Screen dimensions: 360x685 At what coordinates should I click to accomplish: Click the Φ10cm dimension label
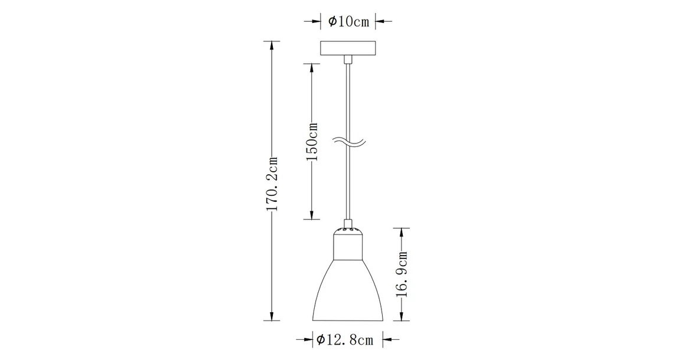click(x=348, y=22)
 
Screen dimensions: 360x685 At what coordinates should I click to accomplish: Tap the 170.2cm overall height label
click(x=272, y=184)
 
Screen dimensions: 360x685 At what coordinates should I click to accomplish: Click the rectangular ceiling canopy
click(x=348, y=48)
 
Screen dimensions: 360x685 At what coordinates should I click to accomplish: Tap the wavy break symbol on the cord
click(x=348, y=142)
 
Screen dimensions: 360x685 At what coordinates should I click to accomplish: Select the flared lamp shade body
click(x=348, y=292)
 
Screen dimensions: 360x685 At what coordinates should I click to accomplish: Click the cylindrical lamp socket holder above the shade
click(x=348, y=247)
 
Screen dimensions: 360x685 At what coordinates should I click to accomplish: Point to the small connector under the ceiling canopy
click(x=348, y=59)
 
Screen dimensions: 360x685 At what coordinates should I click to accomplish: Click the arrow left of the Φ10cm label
click(x=315, y=22)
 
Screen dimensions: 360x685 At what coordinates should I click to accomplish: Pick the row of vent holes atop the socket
click(x=348, y=228)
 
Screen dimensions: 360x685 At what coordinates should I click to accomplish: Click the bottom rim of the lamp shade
click(x=348, y=321)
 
